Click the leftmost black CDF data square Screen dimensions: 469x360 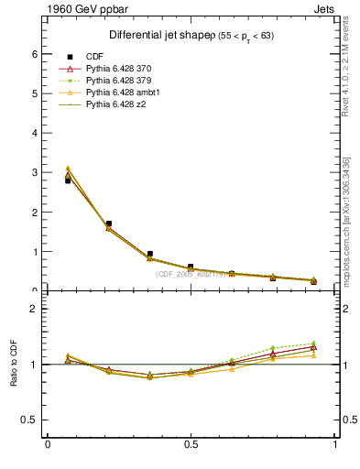coord(68,180)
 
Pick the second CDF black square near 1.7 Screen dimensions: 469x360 coord(109,224)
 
